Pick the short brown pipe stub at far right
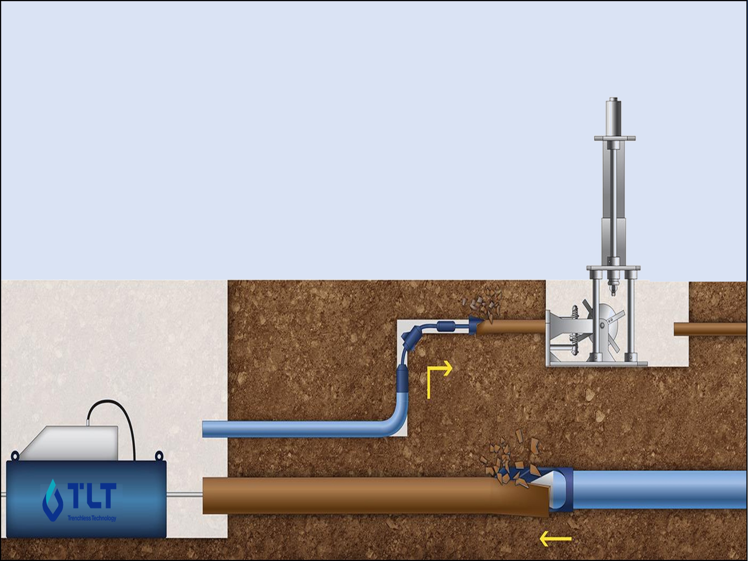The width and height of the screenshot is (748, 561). tap(710, 329)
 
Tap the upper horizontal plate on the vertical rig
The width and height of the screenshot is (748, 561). tap(615, 138)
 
